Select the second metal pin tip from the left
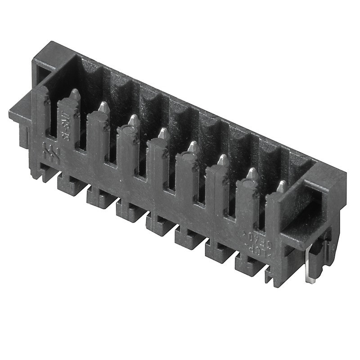[104, 106]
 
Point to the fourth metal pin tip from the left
[164, 133]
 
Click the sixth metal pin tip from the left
[223, 159]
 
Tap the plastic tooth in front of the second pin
[98, 135]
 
